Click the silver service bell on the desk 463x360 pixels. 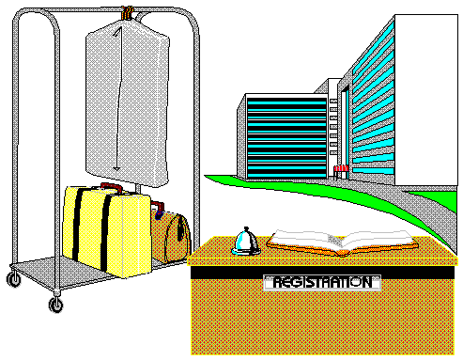246,242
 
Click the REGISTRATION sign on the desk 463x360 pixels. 322,283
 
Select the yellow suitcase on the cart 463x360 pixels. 106,230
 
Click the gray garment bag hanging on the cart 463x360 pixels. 128,103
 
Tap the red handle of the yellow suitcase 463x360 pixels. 112,187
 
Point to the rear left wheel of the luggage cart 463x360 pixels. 14,279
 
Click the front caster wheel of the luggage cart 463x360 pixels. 56,305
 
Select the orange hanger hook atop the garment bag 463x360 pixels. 128,13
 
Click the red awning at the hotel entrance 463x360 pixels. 341,168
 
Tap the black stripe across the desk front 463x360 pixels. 322,273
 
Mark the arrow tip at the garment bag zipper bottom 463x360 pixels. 116,169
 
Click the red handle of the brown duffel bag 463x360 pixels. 157,206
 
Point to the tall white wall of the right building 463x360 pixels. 426,100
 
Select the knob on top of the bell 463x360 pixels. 246,228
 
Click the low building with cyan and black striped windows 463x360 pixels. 284,136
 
